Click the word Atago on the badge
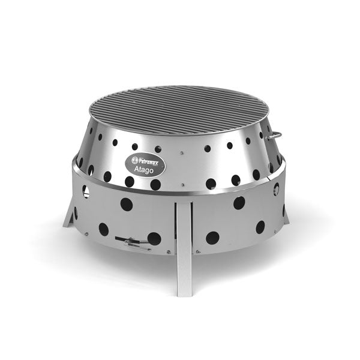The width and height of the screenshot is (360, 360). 141,169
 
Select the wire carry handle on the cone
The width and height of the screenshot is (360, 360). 272,135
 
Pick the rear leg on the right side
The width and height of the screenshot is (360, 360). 285,213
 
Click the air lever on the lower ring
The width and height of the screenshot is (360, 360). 133,241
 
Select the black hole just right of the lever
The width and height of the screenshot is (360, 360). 154,239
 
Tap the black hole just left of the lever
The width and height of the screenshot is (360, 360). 103,229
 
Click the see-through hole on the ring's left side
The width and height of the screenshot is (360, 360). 85,191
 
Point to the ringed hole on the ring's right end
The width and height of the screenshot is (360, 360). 277,187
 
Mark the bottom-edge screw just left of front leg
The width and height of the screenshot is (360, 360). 170,251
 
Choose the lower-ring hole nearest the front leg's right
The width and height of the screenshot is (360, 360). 212,237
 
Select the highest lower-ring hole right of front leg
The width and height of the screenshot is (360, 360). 239,202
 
